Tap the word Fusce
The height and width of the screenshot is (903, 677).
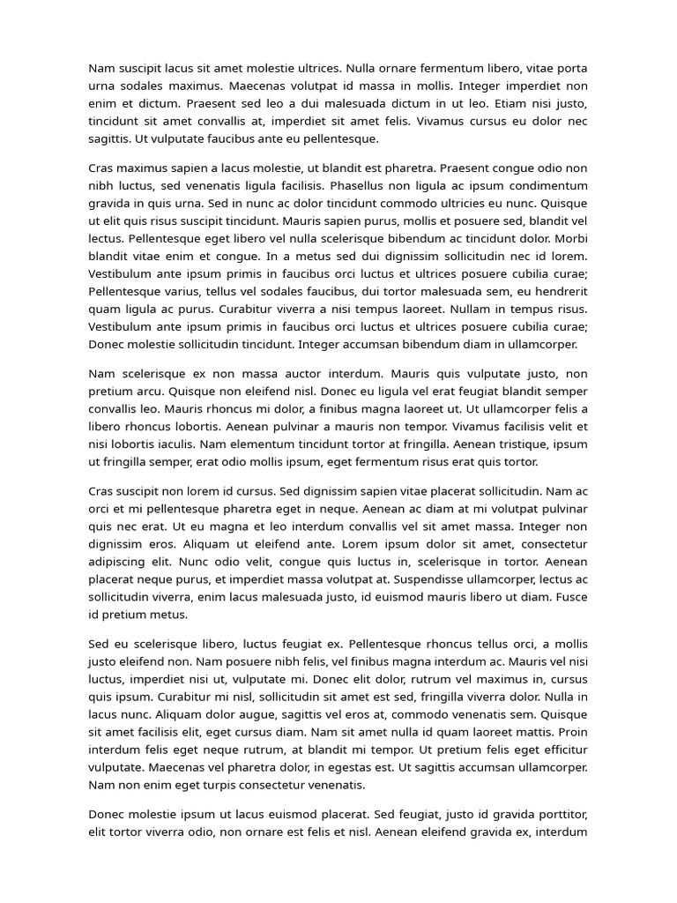tap(570, 596)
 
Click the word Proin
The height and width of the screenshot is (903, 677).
tap(570, 731)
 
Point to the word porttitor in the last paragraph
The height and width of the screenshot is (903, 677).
tap(556, 813)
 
